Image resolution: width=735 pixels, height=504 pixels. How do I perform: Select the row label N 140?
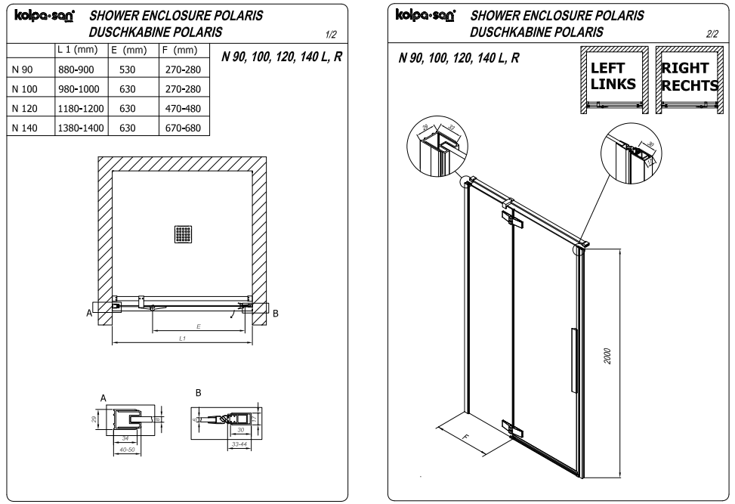(25, 128)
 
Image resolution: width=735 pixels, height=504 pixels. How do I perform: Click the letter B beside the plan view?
(275, 314)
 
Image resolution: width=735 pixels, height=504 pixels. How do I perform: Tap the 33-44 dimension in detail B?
(239, 444)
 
